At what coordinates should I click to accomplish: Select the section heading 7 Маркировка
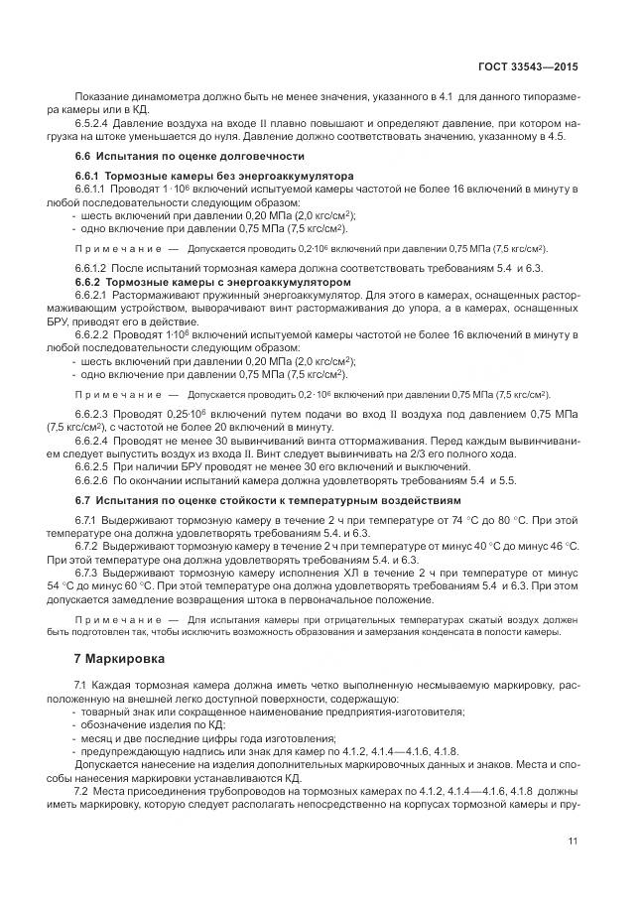[113, 658]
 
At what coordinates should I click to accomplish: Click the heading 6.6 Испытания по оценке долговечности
[190, 157]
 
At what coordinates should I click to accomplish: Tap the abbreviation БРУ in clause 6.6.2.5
[167, 466]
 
